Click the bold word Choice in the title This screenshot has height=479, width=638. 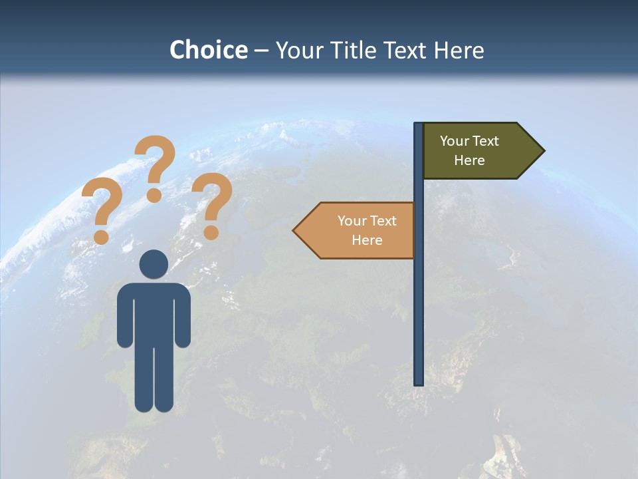pyautogui.click(x=208, y=50)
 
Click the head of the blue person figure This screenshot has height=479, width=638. pyautogui.click(x=154, y=264)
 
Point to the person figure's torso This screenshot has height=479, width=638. pyautogui.click(x=154, y=313)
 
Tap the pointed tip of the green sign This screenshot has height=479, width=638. pyautogui.click(x=542, y=150)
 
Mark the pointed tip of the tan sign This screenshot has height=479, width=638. pyautogui.click(x=295, y=230)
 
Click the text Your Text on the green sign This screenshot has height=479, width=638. pyautogui.click(x=469, y=141)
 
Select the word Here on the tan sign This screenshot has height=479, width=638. pyautogui.click(x=367, y=240)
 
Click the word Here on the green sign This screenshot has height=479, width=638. pyautogui.click(x=469, y=160)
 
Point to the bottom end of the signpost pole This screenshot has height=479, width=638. pyautogui.click(x=419, y=382)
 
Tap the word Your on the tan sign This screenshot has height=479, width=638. pyautogui.click(x=352, y=221)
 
